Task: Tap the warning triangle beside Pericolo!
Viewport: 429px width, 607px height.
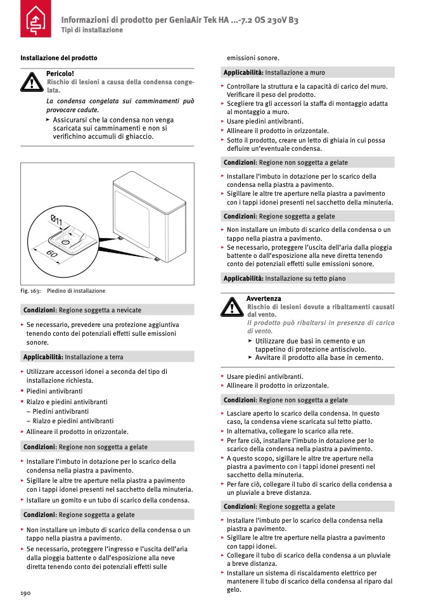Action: [31, 82]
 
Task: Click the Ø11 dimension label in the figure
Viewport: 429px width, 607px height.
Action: [57, 222]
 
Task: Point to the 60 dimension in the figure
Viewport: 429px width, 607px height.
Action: [53, 253]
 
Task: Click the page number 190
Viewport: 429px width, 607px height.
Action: [25, 592]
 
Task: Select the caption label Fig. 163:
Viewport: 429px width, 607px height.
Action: [30, 291]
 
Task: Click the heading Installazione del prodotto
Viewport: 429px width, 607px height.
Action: [59, 58]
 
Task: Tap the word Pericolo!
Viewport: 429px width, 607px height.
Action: [60, 73]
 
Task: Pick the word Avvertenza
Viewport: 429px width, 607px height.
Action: [264, 298]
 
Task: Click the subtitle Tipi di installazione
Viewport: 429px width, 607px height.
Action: [92, 30]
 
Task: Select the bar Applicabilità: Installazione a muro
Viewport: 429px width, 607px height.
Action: [308, 72]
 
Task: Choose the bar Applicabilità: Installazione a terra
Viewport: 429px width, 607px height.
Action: [107, 357]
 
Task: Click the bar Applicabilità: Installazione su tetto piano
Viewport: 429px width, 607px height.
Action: [308, 278]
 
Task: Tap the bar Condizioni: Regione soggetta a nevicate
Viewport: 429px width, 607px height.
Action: [107, 310]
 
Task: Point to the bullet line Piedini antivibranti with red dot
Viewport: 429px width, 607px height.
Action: [54, 392]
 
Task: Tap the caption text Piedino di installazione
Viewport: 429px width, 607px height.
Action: [76, 291]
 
